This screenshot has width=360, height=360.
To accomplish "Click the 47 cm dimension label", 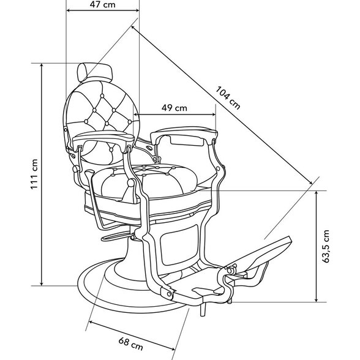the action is [x=102, y=5].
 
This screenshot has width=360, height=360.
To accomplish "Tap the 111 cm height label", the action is [x=34, y=174].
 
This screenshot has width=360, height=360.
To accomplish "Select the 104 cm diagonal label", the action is [x=228, y=97].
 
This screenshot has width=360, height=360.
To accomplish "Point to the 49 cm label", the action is [x=174, y=108].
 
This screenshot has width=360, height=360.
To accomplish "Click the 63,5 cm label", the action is [x=326, y=246].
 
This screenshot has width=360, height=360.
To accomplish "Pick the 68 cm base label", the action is [x=130, y=343].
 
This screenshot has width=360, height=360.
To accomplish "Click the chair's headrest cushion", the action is [x=95, y=72].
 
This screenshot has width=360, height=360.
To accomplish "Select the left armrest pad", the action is [x=103, y=137].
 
